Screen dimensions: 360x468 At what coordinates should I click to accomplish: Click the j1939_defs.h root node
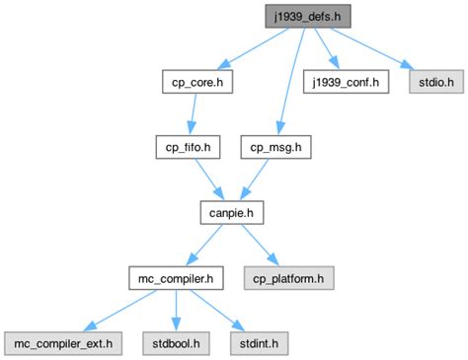click(x=306, y=16)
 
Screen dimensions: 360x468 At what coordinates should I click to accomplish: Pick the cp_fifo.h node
click(x=187, y=147)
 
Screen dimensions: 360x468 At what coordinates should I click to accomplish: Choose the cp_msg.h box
click(x=275, y=147)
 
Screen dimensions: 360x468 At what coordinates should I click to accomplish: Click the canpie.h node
click(x=232, y=212)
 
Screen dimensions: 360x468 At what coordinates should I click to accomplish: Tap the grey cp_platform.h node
click(x=289, y=278)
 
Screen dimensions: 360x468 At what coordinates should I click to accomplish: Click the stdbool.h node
click(x=175, y=343)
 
